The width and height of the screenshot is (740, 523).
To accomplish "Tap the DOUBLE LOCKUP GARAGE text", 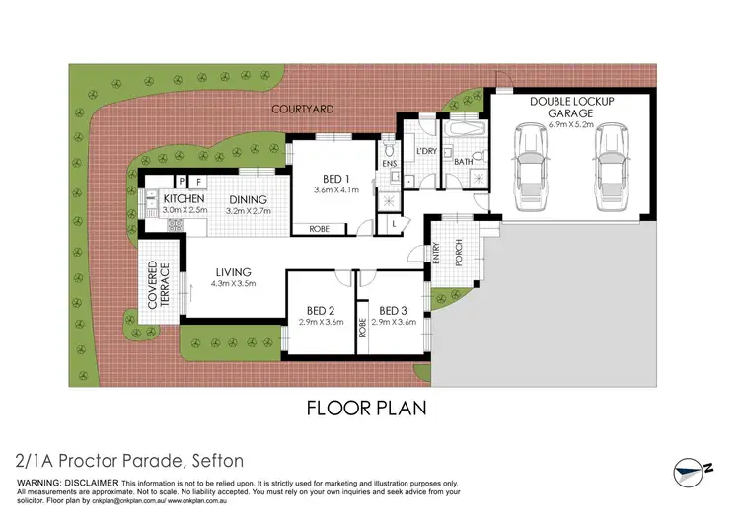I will [570, 108].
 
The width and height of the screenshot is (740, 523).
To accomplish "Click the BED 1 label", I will [327, 179].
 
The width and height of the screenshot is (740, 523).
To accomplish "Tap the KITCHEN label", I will [171, 199].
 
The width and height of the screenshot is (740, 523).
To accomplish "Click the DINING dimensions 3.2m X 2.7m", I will [247, 211].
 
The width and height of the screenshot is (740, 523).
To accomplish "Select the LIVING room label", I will [234, 272].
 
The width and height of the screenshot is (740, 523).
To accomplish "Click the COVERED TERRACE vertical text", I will [158, 286].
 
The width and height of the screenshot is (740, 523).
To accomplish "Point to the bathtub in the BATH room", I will [463, 130].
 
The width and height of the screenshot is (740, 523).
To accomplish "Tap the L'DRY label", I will [427, 151].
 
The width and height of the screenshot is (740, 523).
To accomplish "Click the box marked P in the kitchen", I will [182, 182].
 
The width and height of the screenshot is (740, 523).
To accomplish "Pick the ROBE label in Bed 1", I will [320, 229].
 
